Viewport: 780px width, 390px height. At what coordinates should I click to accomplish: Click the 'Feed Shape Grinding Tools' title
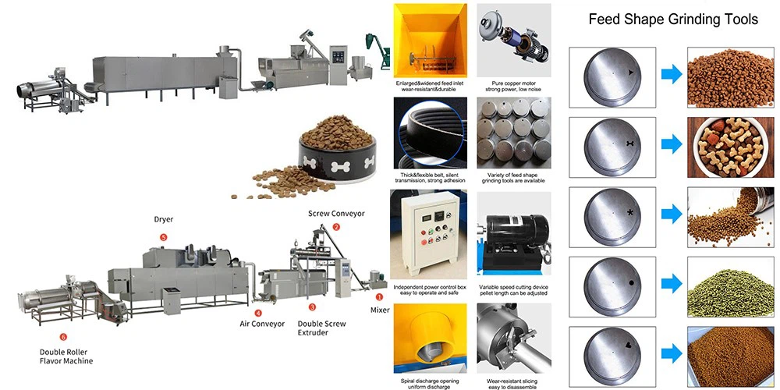672,19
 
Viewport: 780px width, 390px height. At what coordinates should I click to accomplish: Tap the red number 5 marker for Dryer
163,237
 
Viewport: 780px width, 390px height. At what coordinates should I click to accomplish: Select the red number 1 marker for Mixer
380,297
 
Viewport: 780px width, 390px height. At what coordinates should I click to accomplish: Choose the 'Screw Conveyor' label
336,213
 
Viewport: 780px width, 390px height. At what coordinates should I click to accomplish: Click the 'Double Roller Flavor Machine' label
66,356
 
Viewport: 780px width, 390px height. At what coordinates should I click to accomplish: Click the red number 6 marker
63,337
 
